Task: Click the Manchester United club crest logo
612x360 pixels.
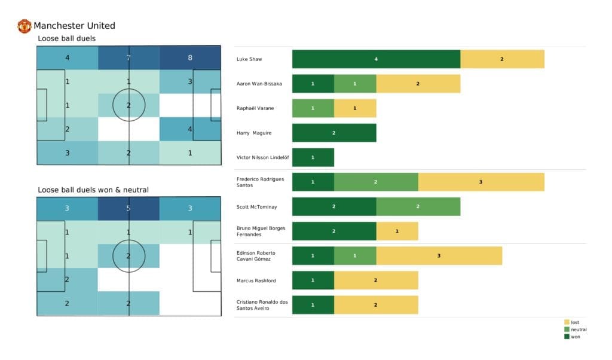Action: [25, 26]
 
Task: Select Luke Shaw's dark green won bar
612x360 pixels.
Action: [376, 59]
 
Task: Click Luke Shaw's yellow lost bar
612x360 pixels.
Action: [502, 59]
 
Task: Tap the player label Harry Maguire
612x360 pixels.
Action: [253, 133]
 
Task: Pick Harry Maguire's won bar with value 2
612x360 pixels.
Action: [334, 133]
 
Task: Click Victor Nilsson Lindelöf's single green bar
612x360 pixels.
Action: [313, 157]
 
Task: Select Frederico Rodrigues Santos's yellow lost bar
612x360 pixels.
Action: [481, 182]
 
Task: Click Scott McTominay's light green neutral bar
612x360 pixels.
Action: [418, 206]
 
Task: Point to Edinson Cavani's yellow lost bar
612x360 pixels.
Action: [439, 255]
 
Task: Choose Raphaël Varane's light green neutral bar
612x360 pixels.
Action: [313, 108]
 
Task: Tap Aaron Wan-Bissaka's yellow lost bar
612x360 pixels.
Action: [418, 84]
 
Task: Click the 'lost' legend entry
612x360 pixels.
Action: [574, 322]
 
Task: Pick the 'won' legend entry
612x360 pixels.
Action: [574, 337]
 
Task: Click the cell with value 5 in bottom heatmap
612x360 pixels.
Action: [128, 209]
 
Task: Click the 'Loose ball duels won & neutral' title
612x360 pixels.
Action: [93, 190]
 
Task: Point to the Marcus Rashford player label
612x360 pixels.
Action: [256, 280]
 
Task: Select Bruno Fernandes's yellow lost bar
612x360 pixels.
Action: [397, 231]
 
